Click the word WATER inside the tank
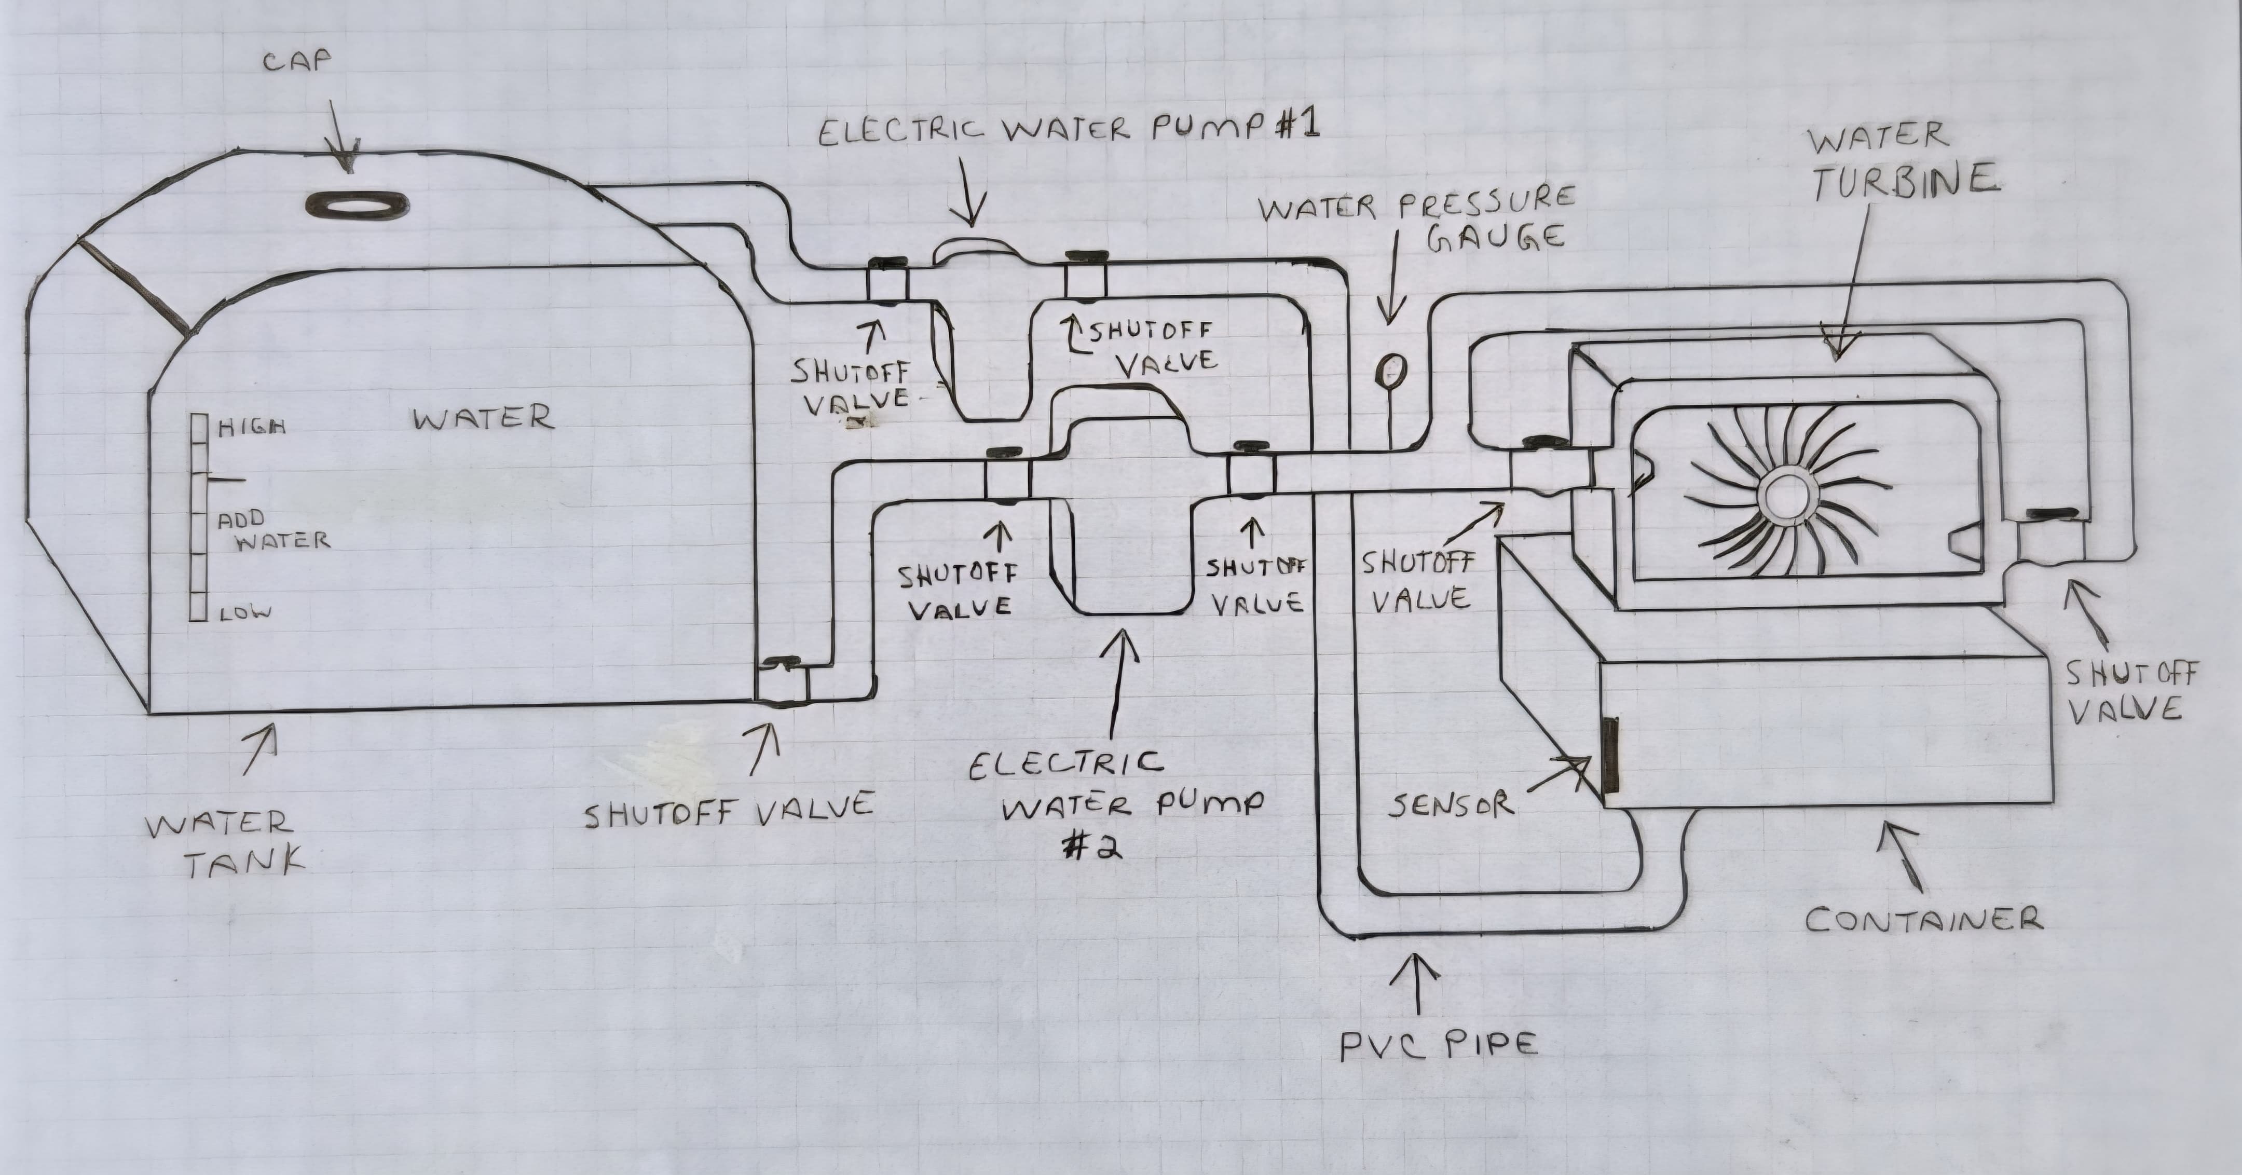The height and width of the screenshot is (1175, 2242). click(483, 419)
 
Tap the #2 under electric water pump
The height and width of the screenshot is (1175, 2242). click(1095, 846)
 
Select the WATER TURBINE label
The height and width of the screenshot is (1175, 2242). click(1902, 161)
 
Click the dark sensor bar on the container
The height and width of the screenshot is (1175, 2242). click(1611, 756)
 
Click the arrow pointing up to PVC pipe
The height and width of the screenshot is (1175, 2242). click(1419, 983)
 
